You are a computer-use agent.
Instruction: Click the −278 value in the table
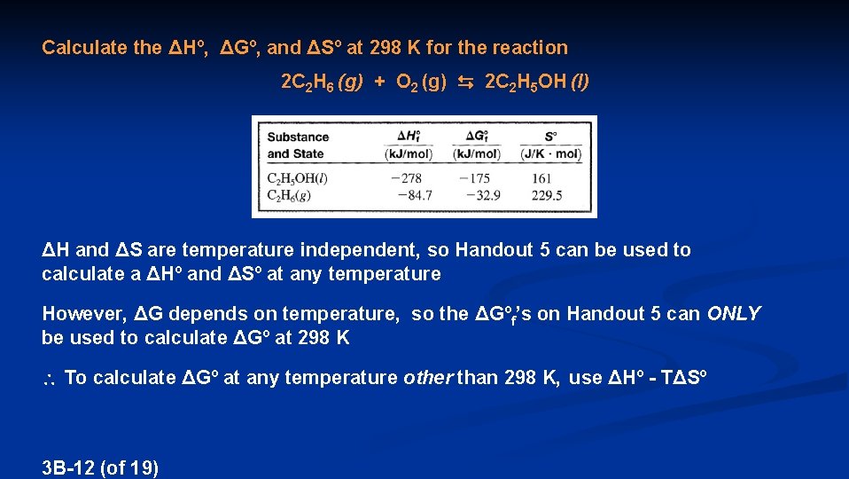point(406,179)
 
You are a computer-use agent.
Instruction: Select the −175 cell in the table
point(476,179)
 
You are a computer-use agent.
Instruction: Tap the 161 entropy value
point(541,179)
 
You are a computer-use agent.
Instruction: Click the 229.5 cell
point(546,195)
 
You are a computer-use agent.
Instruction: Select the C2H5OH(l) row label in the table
point(297,179)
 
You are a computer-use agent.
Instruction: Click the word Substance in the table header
point(298,137)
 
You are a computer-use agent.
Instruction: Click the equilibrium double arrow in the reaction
point(465,83)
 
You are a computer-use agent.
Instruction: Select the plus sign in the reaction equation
point(379,82)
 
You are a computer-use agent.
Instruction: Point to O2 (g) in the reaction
point(421,83)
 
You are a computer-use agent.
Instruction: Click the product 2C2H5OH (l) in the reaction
point(536,83)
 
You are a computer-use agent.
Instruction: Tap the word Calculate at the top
point(84,47)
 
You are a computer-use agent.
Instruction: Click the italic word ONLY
point(734,313)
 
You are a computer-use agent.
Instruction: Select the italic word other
point(427,378)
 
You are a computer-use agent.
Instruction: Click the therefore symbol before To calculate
point(50,379)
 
